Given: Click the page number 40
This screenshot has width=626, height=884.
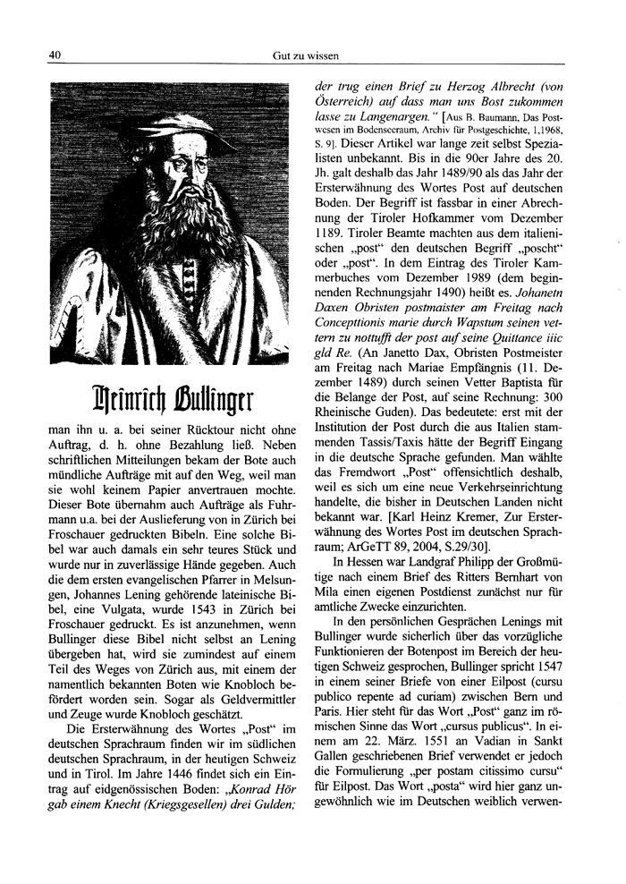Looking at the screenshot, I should (54, 55).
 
